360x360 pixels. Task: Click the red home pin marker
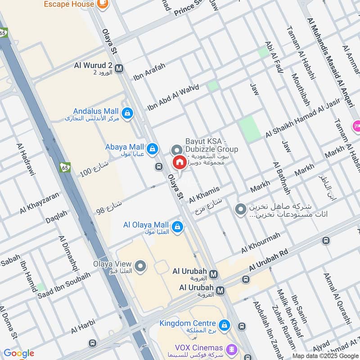(x=179, y=162)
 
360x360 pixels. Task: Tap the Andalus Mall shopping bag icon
(x=127, y=112)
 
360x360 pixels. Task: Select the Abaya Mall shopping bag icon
(x=153, y=148)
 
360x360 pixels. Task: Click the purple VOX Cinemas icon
(x=231, y=348)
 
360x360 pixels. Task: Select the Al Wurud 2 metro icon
(x=119, y=69)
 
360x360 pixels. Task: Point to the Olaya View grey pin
(x=141, y=266)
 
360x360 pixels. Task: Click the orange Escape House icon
(x=103, y=4)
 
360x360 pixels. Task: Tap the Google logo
(x=18, y=354)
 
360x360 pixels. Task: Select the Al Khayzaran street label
(x=39, y=203)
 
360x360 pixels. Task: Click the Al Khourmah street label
(x=261, y=243)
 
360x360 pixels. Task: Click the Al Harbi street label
(x=83, y=327)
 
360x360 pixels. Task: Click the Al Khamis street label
(x=204, y=194)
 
